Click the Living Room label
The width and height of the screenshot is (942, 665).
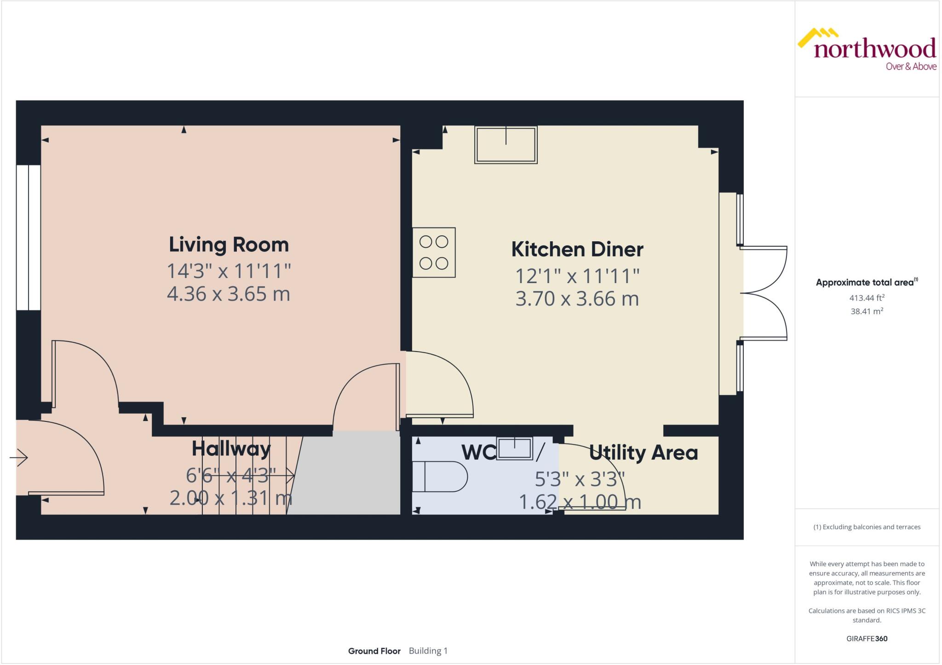[x=229, y=244]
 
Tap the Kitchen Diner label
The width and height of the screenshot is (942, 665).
[x=577, y=250]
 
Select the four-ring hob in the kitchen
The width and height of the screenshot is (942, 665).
[x=434, y=252]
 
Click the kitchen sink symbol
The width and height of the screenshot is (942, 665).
[x=506, y=145]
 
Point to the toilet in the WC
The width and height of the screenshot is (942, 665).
[x=440, y=477]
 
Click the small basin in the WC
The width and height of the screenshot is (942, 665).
[x=515, y=449]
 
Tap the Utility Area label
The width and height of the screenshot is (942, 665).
[x=643, y=453]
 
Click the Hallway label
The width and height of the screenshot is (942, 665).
[x=231, y=449]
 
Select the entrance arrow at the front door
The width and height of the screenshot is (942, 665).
[x=19, y=458]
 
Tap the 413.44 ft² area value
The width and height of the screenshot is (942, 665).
[x=867, y=298]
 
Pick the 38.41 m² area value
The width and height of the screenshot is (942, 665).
[x=867, y=311]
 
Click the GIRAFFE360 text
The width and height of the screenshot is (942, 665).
[x=867, y=638]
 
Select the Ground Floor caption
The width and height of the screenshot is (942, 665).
[x=374, y=651]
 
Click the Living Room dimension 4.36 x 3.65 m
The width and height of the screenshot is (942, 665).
[x=229, y=294]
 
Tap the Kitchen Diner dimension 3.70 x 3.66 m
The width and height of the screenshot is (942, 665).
[x=577, y=299]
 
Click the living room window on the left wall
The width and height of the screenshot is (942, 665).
[x=29, y=238]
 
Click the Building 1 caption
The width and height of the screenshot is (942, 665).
[x=428, y=651]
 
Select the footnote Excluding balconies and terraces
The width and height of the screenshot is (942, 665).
[x=867, y=527]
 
